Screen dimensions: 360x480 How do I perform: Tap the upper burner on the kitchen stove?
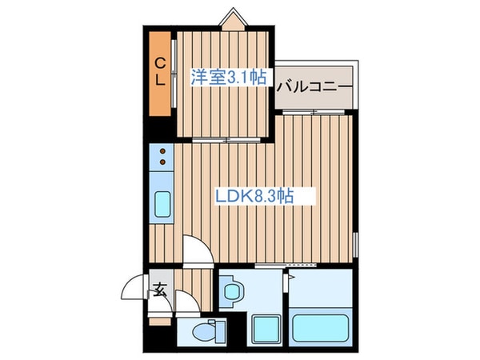[163, 150]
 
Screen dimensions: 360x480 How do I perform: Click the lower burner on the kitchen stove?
[163, 163]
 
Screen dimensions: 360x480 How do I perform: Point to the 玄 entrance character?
[159, 290]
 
